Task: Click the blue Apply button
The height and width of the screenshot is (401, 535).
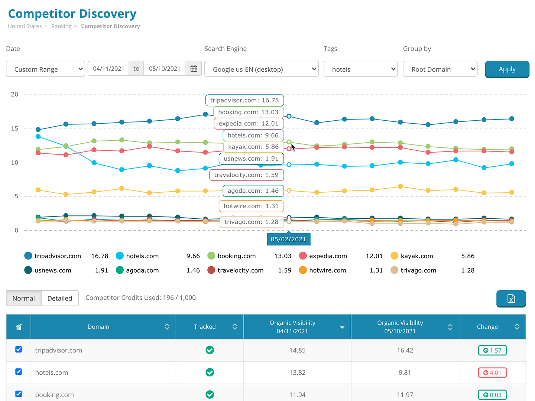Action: pos(507,69)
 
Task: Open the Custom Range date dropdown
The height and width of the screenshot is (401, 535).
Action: pos(46,69)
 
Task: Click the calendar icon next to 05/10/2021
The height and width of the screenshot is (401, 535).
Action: pos(194,69)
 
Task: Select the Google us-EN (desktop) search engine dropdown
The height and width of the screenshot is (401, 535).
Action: pos(261,69)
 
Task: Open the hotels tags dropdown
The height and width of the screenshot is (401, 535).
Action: pos(360,69)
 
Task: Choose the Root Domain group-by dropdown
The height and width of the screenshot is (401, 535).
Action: pos(440,69)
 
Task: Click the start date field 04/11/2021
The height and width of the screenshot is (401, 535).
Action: pos(108,69)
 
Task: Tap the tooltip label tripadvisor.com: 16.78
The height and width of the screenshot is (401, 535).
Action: pos(244,100)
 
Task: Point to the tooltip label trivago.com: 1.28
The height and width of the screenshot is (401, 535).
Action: pos(251,222)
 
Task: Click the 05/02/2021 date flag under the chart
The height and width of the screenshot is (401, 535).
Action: pos(288,239)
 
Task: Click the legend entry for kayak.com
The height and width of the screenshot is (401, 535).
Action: pos(416,256)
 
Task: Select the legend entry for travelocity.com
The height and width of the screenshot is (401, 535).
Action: pos(240,270)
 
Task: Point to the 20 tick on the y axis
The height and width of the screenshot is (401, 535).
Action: pos(14,94)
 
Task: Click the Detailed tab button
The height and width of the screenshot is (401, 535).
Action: pos(60,298)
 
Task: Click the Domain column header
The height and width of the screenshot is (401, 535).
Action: pos(98,327)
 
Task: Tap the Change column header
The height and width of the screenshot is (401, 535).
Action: pos(487,327)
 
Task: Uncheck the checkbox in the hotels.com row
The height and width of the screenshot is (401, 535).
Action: pos(19,372)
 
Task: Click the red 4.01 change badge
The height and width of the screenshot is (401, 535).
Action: pos(492,372)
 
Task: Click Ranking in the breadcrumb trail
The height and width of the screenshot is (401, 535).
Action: pos(61,26)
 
